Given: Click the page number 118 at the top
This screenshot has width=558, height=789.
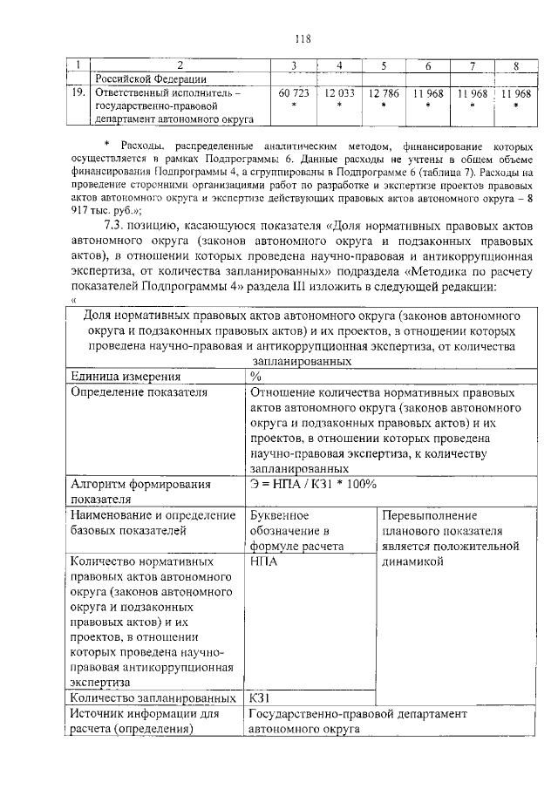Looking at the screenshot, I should pyautogui.click(x=303, y=38).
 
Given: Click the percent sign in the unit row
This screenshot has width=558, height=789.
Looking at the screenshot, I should pyautogui.click(x=255, y=377).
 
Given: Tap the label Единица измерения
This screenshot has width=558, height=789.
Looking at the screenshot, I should pyautogui.click(x=126, y=377).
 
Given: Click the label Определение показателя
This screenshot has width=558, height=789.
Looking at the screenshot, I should pyautogui.click(x=139, y=392).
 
